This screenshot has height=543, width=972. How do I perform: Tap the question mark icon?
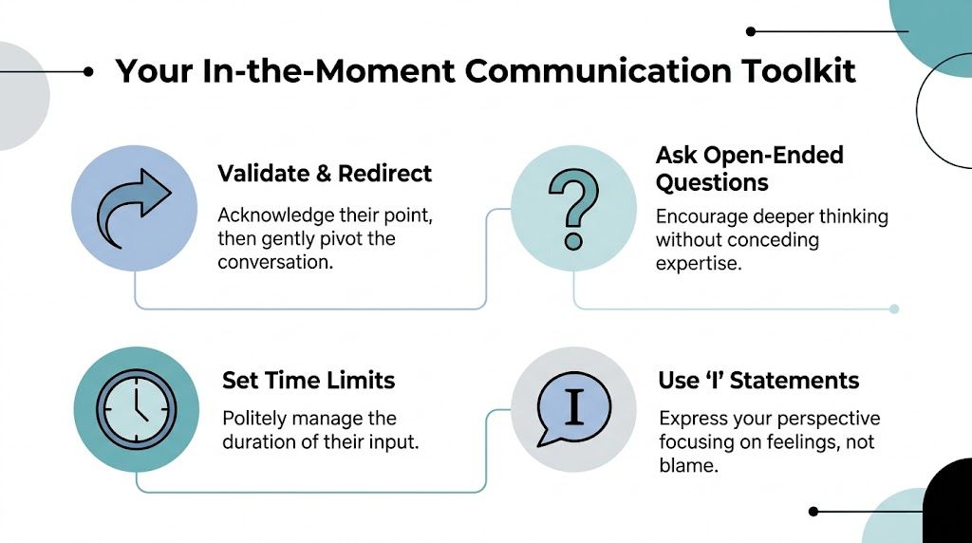(573, 209)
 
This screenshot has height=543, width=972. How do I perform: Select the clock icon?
(137, 409)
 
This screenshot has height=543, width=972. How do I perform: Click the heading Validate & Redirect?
(325, 174)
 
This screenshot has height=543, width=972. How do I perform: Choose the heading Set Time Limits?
(308, 380)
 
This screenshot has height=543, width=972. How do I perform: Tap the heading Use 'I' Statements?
(758, 380)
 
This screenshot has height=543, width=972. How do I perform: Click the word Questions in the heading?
(712, 183)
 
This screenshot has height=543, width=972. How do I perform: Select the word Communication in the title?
(599, 70)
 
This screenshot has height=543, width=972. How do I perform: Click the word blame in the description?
(686, 465)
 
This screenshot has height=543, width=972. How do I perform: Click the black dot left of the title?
(88, 72)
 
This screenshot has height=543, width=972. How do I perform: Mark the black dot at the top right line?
(751, 31)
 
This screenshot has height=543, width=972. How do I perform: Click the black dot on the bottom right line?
(813, 512)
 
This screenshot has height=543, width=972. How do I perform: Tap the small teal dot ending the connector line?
(894, 309)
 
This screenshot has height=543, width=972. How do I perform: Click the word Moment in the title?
(385, 70)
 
